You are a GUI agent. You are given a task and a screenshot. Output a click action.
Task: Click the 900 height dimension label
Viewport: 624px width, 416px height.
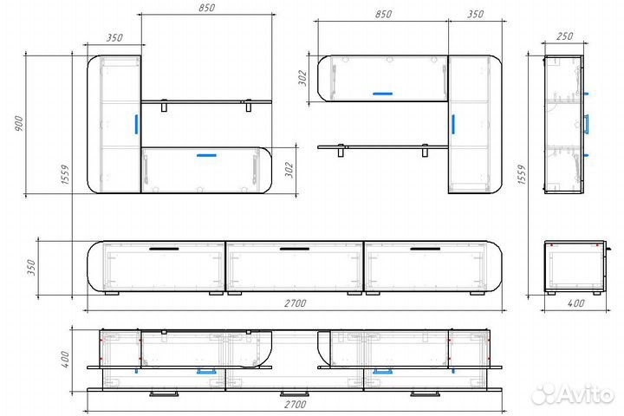coord(19,124)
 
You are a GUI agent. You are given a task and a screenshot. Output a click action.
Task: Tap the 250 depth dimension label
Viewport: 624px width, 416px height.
coord(564,36)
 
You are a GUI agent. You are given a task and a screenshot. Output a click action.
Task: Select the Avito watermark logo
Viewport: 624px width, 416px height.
coord(572,394)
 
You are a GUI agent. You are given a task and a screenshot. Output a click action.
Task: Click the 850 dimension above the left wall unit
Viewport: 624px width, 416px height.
coord(206,8)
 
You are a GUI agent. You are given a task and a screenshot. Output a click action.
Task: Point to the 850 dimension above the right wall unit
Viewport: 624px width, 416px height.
coord(383,14)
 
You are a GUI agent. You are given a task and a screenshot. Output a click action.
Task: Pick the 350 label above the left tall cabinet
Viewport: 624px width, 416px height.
coord(114,37)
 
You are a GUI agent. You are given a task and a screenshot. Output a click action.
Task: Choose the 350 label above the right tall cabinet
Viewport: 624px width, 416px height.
coord(475,14)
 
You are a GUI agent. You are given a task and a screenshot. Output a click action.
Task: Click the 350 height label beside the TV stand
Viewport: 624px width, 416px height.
coord(31,268)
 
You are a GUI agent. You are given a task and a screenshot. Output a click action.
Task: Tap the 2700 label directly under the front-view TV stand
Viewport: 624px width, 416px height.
coord(295,303)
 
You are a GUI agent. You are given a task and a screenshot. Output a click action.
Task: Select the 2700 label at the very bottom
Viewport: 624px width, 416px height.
coord(295,405)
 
